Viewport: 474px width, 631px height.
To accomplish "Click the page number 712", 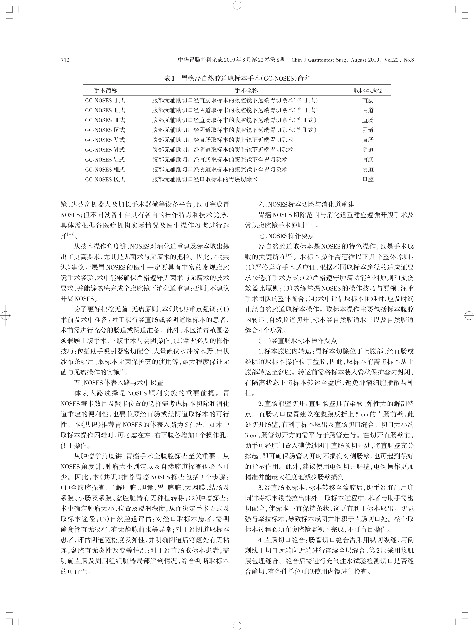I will [x=65, y=60].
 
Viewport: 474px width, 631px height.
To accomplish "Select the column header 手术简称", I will [x=105, y=90].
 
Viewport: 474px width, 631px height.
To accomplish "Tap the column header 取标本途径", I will [x=368, y=90].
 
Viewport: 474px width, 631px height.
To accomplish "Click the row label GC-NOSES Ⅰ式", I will [x=105, y=100].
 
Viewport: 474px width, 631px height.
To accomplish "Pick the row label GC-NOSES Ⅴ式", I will [x=105, y=140].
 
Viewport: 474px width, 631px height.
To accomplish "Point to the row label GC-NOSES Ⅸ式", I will [x=105, y=179].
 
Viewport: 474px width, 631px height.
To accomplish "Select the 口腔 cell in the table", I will [x=368, y=179].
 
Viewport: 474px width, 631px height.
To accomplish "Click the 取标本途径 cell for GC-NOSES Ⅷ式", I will [x=368, y=169].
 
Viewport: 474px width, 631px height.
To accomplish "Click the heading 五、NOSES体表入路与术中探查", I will [x=119, y=383].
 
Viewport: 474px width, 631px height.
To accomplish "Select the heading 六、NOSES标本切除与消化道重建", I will [x=306, y=204].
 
